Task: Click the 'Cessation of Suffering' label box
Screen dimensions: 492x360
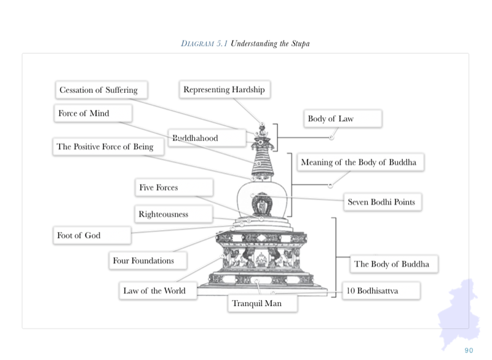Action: click(101, 90)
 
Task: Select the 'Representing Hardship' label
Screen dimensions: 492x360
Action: click(224, 89)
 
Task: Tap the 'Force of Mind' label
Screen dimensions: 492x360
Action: click(93, 113)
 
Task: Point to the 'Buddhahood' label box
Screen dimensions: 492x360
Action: click(207, 138)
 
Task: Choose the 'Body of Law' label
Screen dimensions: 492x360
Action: click(343, 118)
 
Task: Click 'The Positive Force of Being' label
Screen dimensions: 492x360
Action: click(108, 146)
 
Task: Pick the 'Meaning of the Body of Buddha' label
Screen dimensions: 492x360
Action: click(360, 162)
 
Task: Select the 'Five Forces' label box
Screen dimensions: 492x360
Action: click(174, 187)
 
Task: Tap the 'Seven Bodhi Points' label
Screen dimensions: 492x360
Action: click(383, 202)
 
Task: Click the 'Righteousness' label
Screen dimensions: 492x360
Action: click(173, 214)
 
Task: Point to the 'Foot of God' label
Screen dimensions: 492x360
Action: click(92, 235)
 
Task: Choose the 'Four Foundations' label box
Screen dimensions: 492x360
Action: click(148, 260)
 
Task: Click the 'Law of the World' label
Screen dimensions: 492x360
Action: click(158, 290)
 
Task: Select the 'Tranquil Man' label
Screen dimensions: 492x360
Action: click(263, 303)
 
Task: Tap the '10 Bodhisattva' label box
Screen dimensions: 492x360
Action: click(381, 290)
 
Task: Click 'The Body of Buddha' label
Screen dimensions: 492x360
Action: click(394, 263)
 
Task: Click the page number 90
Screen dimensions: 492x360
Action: click(469, 350)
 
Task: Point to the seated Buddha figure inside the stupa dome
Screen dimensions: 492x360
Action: click(263, 205)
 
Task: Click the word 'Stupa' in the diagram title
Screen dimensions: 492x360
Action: click(300, 44)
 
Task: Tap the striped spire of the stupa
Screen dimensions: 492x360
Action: click(263, 162)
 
